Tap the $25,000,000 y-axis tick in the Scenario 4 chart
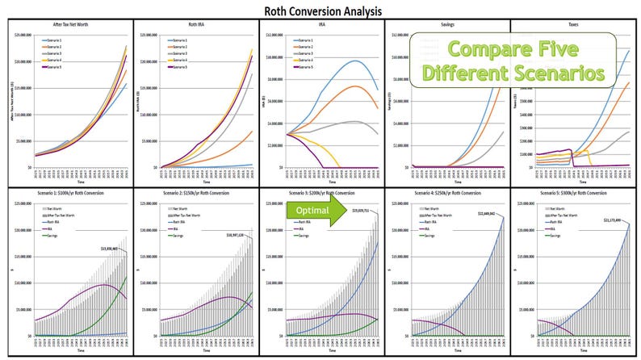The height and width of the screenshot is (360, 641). (400, 204)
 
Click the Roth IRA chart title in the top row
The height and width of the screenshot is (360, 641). (195, 27)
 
